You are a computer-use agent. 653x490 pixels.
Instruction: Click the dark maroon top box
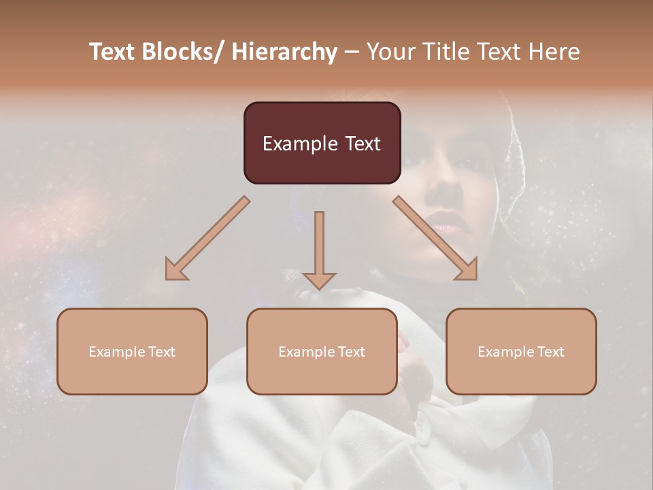pyautogui.click(x=322, y=143)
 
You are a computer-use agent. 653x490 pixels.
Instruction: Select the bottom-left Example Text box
pyautogui.click(x=132, y=351)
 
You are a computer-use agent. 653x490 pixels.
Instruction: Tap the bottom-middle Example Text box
pyautogui.click(x=322, y=351)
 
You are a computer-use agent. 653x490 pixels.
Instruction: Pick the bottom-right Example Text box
pyautogui.click(x=521, y=351)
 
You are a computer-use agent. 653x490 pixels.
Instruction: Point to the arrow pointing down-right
pyautogui.click(x=436, y=239)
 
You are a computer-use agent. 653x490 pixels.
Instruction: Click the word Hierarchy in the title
pyautogui.click(x=284, y=52)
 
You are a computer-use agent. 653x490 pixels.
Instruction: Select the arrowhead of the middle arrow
pyautogui.click(x=319, y=280)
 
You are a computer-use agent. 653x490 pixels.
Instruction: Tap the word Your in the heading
pyautogui.click(x=390, y=52)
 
